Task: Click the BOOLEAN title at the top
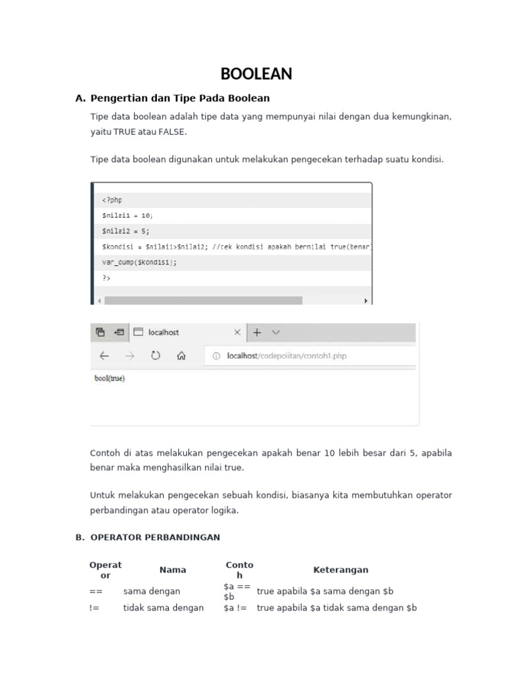point(256,74)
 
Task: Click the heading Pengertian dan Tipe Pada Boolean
point(180,98)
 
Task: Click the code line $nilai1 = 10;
point(128,215)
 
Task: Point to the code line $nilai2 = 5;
point(126,230)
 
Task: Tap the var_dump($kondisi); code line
point(140,262)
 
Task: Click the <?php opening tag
point(112,200)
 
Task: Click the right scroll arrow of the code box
point(365,301)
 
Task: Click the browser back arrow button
point(104,356)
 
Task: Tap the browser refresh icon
point(156,356)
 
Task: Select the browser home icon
point(181,356)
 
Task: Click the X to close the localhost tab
point(237,332)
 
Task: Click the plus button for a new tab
point(257,332)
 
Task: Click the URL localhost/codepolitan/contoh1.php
point(287,356)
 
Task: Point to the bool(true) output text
point(110,378)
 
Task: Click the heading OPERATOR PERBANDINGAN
point(155,537)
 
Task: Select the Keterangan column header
point(341,570)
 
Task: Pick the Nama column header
point(173,570)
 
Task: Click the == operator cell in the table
point(95,591)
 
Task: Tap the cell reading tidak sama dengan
point(164,608)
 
